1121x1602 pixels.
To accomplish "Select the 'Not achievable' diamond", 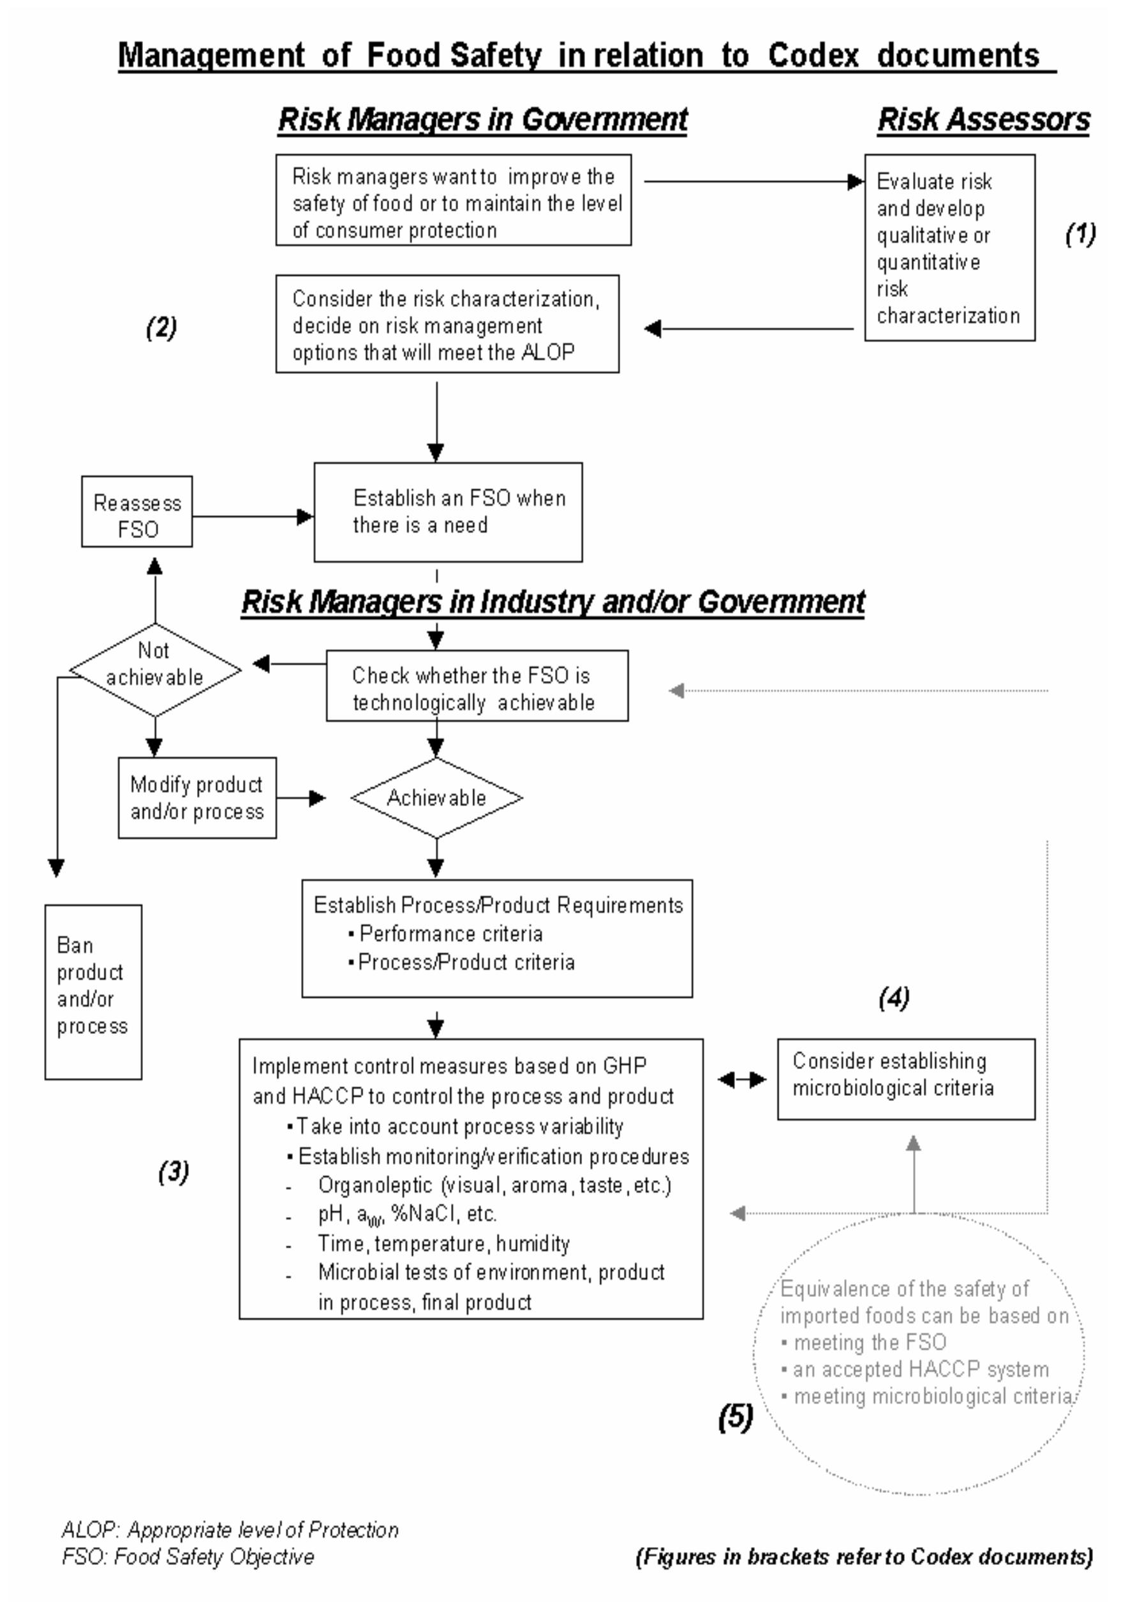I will [155, 669].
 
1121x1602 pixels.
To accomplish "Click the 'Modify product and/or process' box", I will [197, 798].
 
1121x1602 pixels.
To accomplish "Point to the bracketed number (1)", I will [1080, 234].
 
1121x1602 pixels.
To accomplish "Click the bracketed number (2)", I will [161, 327].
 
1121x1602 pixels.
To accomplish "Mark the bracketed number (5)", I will [735, 1416].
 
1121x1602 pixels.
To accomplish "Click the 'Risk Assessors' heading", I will [983, 119].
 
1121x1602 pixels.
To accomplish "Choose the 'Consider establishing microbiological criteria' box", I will [905, 1079].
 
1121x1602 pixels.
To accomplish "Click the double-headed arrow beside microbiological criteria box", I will [741, 1079].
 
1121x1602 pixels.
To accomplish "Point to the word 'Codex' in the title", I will [813, 55].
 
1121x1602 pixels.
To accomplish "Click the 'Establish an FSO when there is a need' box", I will [448, 511].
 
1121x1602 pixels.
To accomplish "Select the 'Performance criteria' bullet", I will [450, 933].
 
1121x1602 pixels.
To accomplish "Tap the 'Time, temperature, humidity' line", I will [443, 1243].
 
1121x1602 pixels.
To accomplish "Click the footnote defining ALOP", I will [230, 1529].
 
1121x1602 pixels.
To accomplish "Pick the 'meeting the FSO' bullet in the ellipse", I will [869, 1342].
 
